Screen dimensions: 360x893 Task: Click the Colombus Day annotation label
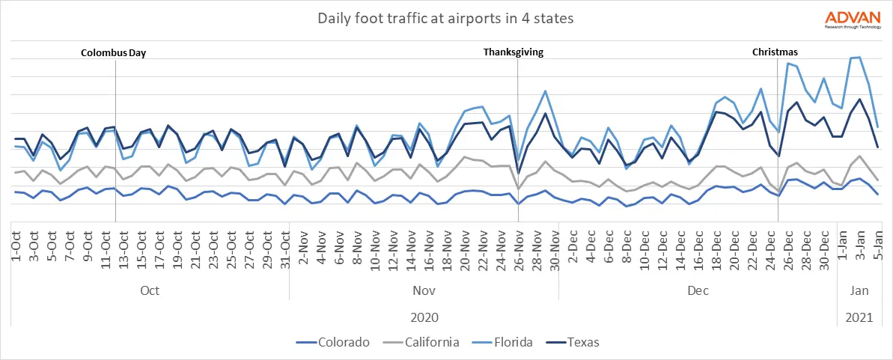(x=113, y=52)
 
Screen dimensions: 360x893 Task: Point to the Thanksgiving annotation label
(x=513, y=52)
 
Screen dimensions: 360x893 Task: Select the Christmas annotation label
(x=775, y=52)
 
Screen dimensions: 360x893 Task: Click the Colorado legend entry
(x=335, y=343)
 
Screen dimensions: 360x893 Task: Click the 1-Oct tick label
(x=16, y=244)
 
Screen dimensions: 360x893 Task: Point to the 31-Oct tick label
(x=285, y=245)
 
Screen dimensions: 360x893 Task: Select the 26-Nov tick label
(x=519, y=245)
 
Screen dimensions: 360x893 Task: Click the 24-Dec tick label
(x=770, y=245)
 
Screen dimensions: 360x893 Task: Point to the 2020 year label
(x=424, y=317)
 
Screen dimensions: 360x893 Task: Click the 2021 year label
(x=859, y=317)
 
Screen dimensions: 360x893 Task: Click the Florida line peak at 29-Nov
(x=545, y=91)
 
